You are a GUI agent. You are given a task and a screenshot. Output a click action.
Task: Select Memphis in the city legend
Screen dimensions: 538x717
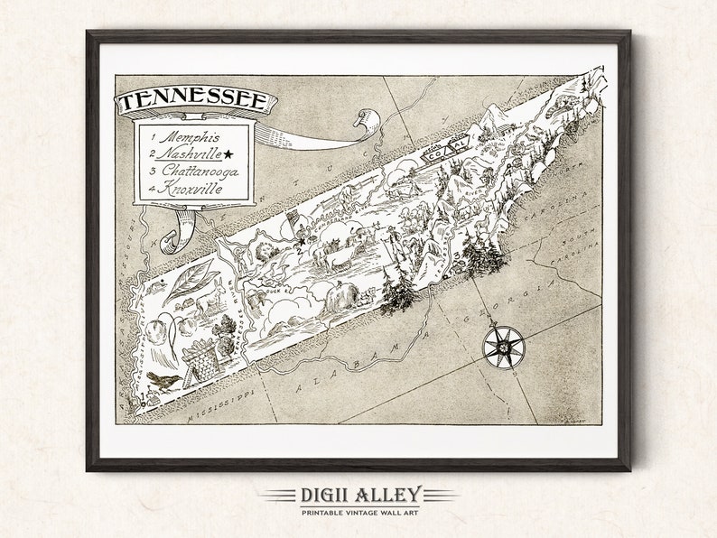(185, 136)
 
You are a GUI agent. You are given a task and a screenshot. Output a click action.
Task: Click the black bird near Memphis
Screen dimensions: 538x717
(164, 380)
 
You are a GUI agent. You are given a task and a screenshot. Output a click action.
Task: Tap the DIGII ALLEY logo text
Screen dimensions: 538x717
(358, 494)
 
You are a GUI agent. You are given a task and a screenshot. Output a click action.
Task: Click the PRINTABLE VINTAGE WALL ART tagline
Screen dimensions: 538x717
(358, 512)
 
